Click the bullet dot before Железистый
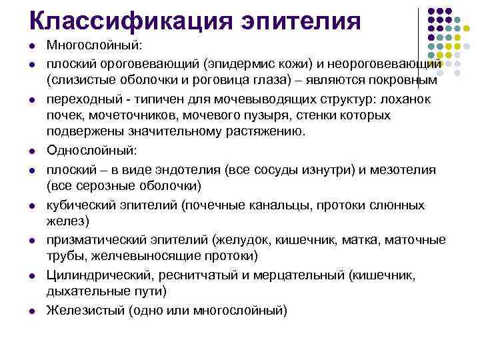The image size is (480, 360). tap(33, 311)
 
